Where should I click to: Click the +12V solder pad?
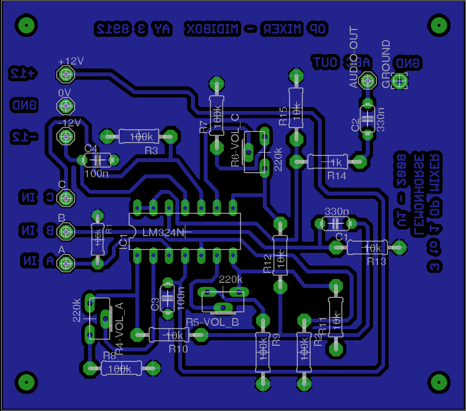tap(66, 74)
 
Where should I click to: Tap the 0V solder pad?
tap(66, 105)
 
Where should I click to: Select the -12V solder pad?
tap(66, 136)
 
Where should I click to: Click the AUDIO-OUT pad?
tap(367, 81)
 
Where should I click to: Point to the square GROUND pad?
tap(399, 81)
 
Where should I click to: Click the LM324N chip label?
tap(163, 232)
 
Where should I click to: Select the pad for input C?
tap(66, 197)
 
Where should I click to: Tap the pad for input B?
tap(66, 230)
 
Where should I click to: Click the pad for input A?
tap(66, 261)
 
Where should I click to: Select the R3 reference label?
tap(151, 151)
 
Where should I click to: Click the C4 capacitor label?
tap(91, 149)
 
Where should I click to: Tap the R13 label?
tap(376, 261)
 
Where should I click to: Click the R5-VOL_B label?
tap(212, 322)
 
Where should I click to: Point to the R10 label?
tap(178, 349)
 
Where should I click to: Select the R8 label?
tap(109, 355)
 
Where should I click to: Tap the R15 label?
tap(283, 116)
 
